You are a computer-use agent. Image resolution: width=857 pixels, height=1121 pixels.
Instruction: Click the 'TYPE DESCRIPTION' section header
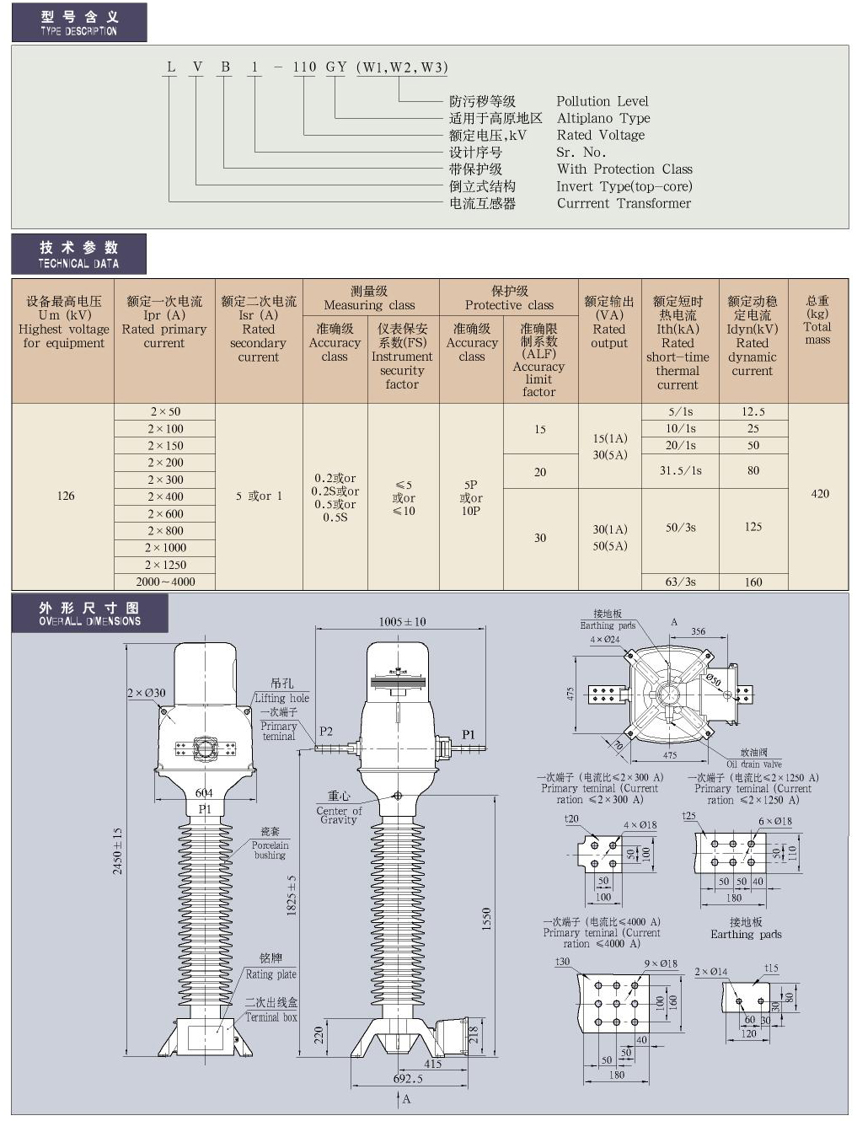point(78,23)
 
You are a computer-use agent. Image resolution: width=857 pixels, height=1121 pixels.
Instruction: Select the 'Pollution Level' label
point(602,101)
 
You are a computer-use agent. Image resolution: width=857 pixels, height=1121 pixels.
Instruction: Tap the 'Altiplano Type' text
point(603,119)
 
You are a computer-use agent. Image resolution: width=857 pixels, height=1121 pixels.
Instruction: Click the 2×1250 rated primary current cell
point(165,565)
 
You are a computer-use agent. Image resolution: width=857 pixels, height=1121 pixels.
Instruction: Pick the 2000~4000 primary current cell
point(165,582)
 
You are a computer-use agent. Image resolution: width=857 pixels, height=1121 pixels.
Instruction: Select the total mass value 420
point(819,494)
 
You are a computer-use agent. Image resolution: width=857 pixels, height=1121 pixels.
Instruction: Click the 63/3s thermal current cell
point(680,582)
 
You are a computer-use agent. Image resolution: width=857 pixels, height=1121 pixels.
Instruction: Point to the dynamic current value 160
point(753,582)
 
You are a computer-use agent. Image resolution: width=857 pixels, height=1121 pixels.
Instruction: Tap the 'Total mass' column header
point(817,320)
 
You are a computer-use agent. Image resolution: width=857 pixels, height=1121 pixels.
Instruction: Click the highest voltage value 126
point(66,496)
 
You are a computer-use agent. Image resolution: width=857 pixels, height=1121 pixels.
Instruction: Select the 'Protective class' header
point(509,298)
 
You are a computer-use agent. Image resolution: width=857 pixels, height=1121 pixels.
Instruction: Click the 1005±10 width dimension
point(402,622)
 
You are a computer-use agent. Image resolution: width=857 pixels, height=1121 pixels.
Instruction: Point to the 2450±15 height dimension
point(118,850)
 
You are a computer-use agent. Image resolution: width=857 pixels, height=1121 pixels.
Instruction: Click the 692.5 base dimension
point(408,1078)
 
